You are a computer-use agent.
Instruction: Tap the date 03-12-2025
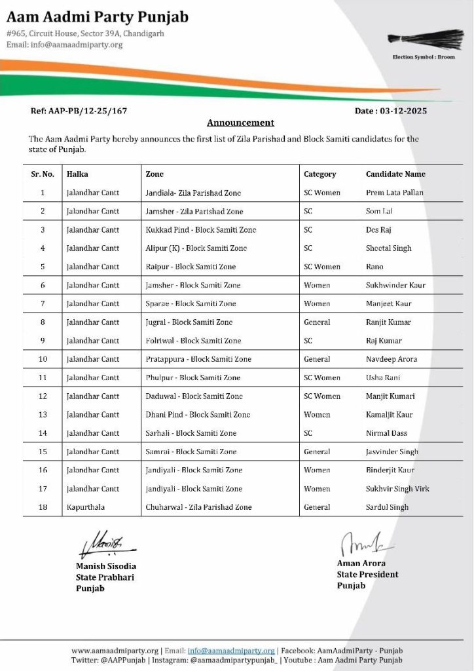391,111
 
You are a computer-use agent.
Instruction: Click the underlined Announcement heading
240,123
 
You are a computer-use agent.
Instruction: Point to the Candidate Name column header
395,174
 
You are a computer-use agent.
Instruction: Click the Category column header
319,174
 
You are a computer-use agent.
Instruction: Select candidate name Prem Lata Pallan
394,193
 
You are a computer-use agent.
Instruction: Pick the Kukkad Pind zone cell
200,230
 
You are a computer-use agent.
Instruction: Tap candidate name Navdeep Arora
392,359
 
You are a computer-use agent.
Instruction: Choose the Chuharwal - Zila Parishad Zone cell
198,507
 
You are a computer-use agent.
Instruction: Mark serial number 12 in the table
43,396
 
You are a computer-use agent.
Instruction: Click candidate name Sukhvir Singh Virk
397,489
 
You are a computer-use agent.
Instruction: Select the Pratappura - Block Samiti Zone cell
198,359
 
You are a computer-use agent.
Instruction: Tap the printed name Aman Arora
361,564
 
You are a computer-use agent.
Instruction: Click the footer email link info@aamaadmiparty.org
231,651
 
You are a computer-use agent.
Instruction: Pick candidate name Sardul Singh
387,507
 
